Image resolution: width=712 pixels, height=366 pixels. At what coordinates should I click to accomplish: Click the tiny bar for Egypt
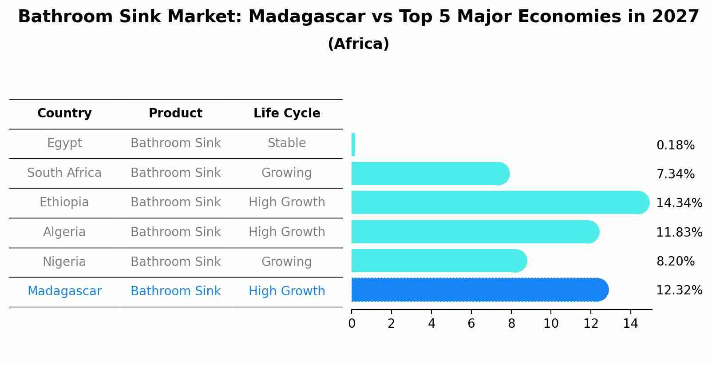point(353,145)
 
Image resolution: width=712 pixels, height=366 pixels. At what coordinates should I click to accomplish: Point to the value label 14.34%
point(679,203)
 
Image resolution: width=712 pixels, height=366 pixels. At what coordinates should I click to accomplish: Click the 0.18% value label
point(675,145)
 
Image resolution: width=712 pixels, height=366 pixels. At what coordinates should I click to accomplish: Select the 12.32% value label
point(679,290)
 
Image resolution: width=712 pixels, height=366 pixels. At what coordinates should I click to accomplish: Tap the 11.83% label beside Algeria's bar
point(679,233)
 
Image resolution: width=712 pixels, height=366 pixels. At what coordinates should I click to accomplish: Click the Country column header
point(64,113)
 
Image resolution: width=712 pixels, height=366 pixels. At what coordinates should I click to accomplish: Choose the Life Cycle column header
point(287,113)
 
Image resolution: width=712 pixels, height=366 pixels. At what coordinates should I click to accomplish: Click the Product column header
point(175,113)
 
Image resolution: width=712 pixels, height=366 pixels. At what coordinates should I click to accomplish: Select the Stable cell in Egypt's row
point(287,143)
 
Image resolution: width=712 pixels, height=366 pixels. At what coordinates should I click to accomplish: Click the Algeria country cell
point(64,232)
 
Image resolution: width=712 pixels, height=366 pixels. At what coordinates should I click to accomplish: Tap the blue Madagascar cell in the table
point(64,291)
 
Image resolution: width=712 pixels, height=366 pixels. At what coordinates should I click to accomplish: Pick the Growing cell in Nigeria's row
point(287,261)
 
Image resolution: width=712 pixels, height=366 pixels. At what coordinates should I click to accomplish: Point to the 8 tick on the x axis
point(511,324)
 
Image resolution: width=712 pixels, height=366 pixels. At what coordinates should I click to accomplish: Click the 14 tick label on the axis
point(630,324)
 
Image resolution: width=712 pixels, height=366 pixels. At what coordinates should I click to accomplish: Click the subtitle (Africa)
point(358,44)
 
